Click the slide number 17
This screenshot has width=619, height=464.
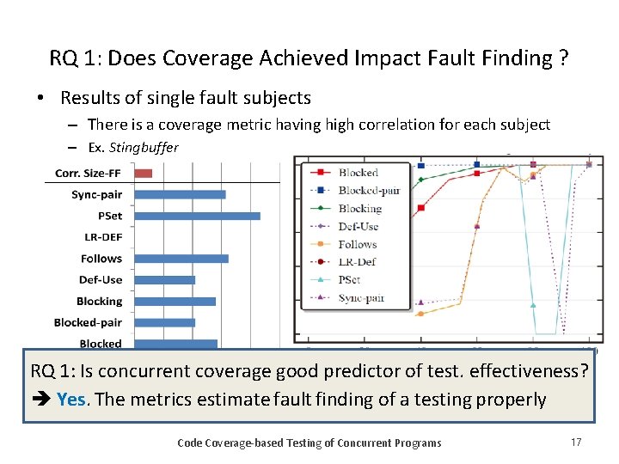577,443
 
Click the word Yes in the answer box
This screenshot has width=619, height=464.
71,400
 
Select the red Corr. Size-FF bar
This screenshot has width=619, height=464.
144,174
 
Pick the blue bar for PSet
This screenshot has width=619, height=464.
198,216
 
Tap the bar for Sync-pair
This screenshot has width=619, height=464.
181,194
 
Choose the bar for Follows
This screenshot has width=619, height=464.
181,258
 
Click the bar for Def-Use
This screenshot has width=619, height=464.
165,279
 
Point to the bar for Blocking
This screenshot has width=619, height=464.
175,301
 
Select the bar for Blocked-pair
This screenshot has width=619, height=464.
165,322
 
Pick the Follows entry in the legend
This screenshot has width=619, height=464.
356,244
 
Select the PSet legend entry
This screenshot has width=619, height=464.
350,280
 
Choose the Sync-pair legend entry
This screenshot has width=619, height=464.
360,298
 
